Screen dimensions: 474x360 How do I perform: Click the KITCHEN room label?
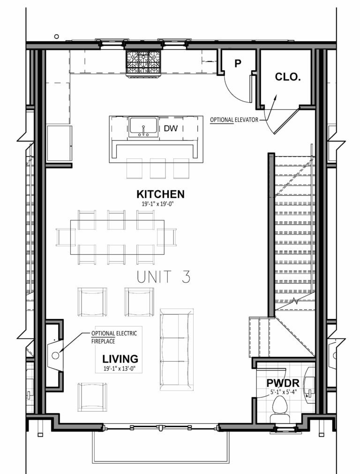pyautogui.click(x=160, y=194)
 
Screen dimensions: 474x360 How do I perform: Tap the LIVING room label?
pyautogui.click(x=120, y=359)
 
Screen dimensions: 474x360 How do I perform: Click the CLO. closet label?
pyautogui.click(x=287, y=77)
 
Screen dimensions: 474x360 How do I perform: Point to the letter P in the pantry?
pyautogui.click(x=238, y=63)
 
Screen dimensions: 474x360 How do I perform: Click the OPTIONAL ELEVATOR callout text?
pyautogui.click(x=234, y=120)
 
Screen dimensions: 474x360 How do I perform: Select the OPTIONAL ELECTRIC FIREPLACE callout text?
pyautogui.click(x=114, y=337)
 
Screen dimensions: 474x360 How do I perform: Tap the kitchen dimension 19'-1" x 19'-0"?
pyautogui.click(x=160, y=204)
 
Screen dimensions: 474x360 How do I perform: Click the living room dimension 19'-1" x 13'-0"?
pyautogui.click(x=120, y=369)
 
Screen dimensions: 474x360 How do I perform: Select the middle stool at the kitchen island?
pyautogui.click(x=157, y=168)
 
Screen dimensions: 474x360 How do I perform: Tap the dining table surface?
pyautogui.click(x=117, y=237)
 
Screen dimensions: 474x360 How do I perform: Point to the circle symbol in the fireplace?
pyautogui.click(x=55, y=355)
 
